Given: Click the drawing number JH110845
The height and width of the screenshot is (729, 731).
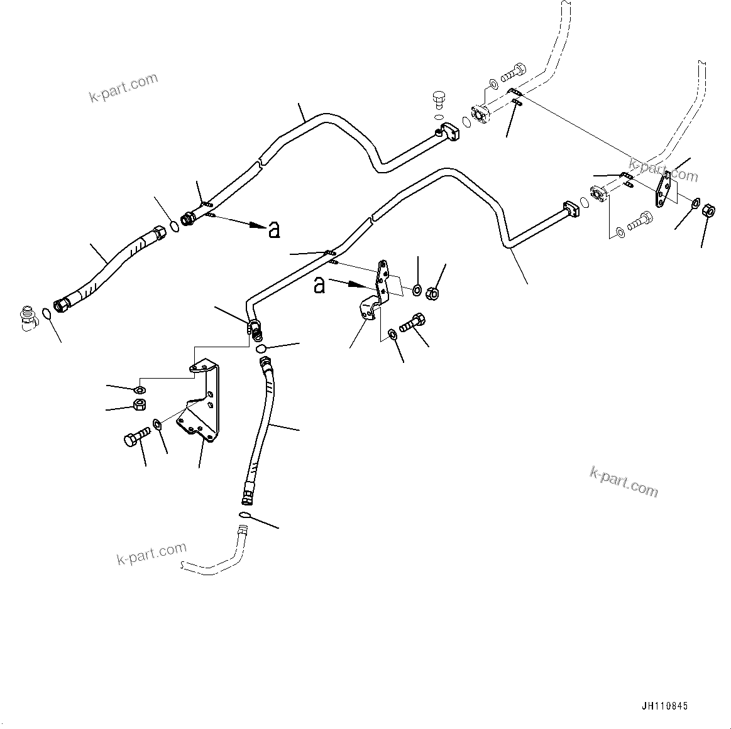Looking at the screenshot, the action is click(x=664, y=706).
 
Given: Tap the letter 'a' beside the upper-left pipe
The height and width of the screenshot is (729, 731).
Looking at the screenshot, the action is click(x=274, y=230).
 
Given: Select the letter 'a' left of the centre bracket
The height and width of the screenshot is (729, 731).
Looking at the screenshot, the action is click(x=319, y=285).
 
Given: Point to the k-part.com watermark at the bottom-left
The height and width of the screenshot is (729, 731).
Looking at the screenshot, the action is click(x=151, y=553).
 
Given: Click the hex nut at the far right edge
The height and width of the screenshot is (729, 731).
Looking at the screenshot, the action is click(x=708, y=211).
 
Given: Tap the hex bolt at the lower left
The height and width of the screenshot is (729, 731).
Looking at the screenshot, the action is click(x=137, y=437).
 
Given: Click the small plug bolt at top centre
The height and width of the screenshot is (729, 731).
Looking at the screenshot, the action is click(x=437, y=100).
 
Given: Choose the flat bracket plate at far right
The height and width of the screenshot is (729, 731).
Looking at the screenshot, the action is click(x=663, y=189).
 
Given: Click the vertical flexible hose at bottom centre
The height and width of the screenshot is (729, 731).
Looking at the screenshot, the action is click(x=259, y=429).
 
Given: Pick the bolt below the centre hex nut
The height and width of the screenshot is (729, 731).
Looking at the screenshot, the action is click(x=412, y=322).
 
